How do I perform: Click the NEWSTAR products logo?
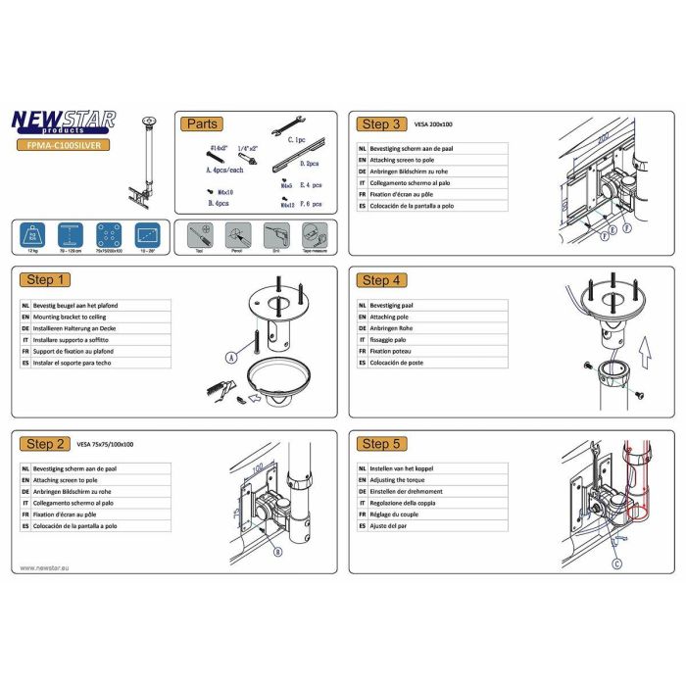click(x=63, y=122)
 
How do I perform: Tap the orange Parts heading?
click(x=202, y=124)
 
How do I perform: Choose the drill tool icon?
click(x=277, y=236)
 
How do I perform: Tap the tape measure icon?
click(x=314, y=236)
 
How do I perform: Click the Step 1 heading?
click(x=47, y=280)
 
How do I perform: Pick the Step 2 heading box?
click(x=47, y=444)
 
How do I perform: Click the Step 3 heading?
click(x=381, y=124)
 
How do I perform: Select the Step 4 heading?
click(x=381, y=280)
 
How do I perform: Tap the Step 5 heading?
click(x=381, y=444)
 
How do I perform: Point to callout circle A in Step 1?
click(x=231, y=360)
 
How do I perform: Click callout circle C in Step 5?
click(x=615, y=563)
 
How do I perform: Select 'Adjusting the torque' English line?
click(x=405, y=481)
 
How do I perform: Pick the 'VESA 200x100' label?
click(x=434, y=125)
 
